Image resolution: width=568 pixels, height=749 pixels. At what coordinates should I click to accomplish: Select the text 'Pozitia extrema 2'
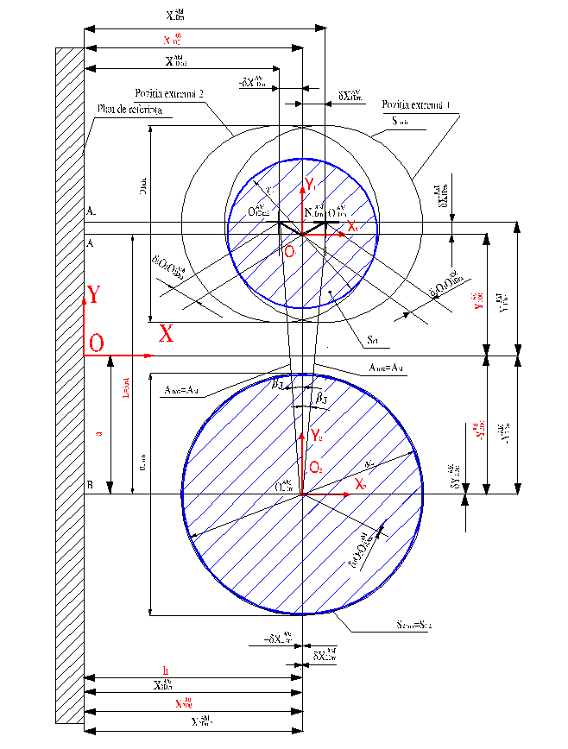pyautogui.click(x=168, y=93)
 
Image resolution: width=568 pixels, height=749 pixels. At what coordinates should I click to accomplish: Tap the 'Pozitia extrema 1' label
pyautogui.click(x=418, y=105)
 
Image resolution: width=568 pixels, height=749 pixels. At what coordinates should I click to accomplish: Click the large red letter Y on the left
pyautogui.click(x=92, y=296)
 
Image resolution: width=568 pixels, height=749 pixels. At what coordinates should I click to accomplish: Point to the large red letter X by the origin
pyautogui.click(x=166, y=334)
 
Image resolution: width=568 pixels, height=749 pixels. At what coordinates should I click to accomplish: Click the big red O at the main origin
pyautogui.click(x=96, y=343)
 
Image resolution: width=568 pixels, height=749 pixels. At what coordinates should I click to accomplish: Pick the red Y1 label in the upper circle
pyautogui.click(x=311, y=184)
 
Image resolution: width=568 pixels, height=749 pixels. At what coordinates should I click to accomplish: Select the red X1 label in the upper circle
pyautogui.click(x=351, y=226)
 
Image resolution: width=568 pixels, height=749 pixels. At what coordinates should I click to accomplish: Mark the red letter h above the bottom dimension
pyautogui.click(x=166, y=670)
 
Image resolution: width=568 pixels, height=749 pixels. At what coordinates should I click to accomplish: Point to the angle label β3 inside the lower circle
pyautogui.click(x=320, y=398)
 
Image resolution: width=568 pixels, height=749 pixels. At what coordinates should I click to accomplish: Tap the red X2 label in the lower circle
pyautogui.click(x=359, y=486)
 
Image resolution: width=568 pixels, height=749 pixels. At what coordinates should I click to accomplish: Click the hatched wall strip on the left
pyautogui.click(x=69, y=388)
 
